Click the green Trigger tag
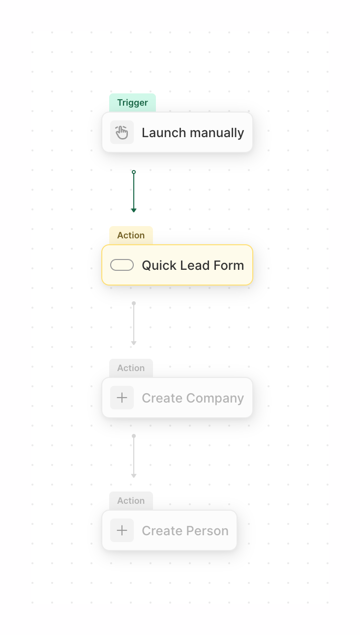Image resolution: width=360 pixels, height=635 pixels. (x=132, y=103)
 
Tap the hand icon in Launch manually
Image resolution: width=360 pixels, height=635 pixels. (x=122, y=133)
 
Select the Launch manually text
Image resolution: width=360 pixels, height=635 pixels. (x=193, y=133)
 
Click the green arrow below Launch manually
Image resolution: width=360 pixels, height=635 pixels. (x=134, y=192)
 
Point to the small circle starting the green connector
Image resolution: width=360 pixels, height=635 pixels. (x=134, y=172)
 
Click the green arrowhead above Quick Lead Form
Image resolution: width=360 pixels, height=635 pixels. (x=134, y=210)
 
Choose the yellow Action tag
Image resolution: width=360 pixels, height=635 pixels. (x=131, y=235)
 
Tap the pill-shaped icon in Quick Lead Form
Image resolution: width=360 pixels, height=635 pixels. (x=122, y=265)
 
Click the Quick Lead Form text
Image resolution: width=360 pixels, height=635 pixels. (x=193, y=265)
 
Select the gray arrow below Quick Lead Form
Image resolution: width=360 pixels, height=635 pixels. (x=134, y=324)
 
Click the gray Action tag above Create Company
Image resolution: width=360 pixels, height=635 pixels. (x=131, y=368)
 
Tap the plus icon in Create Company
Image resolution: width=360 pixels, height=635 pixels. (x=122, y=398)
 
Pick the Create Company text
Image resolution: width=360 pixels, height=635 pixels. (x=193, y=398)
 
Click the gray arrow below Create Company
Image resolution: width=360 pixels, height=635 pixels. (x=134, y=457)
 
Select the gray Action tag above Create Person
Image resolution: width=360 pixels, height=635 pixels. (x=131, y=501)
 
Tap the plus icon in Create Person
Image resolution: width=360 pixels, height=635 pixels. (x=122, y=531)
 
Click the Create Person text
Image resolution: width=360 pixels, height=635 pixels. (x=185, y=531)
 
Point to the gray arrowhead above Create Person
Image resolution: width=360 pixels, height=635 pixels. (x=134, y=475)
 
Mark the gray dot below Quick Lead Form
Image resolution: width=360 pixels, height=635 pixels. (x=134, y=303)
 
